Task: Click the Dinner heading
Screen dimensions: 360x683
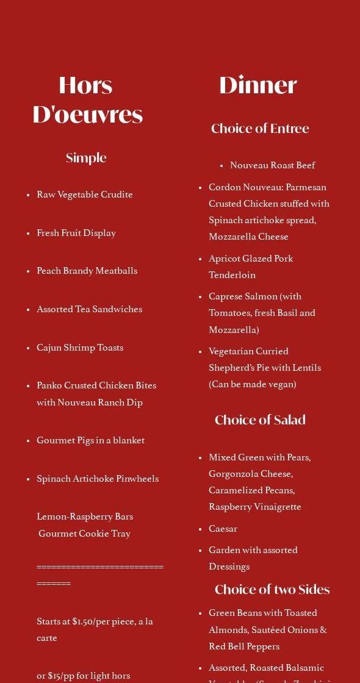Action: point(257,85)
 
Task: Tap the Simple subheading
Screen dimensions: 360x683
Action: point(86,158)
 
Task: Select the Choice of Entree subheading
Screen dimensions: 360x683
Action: point(260,129)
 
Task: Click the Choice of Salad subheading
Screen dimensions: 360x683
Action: point(260,420)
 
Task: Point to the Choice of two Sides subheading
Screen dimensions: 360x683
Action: point(272,590)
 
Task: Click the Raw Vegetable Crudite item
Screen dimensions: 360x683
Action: point(85,195)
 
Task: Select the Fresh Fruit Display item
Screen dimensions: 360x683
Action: point(76,233)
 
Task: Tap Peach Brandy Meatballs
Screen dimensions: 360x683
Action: point(87,271)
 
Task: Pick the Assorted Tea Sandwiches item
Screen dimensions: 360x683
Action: point(89,309)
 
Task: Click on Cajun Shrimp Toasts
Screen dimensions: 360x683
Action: point(80,348)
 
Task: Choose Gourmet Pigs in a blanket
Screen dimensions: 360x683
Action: point(90,440)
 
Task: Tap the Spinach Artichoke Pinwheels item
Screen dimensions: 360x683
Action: point(98,479)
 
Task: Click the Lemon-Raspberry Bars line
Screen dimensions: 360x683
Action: point(85,517)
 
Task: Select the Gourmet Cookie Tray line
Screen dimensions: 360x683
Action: point(85,534)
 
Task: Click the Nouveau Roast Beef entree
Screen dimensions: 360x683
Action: point(273,165)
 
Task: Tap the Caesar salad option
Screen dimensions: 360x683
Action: point(223,529)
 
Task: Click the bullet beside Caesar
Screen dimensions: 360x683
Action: point(200,529)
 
